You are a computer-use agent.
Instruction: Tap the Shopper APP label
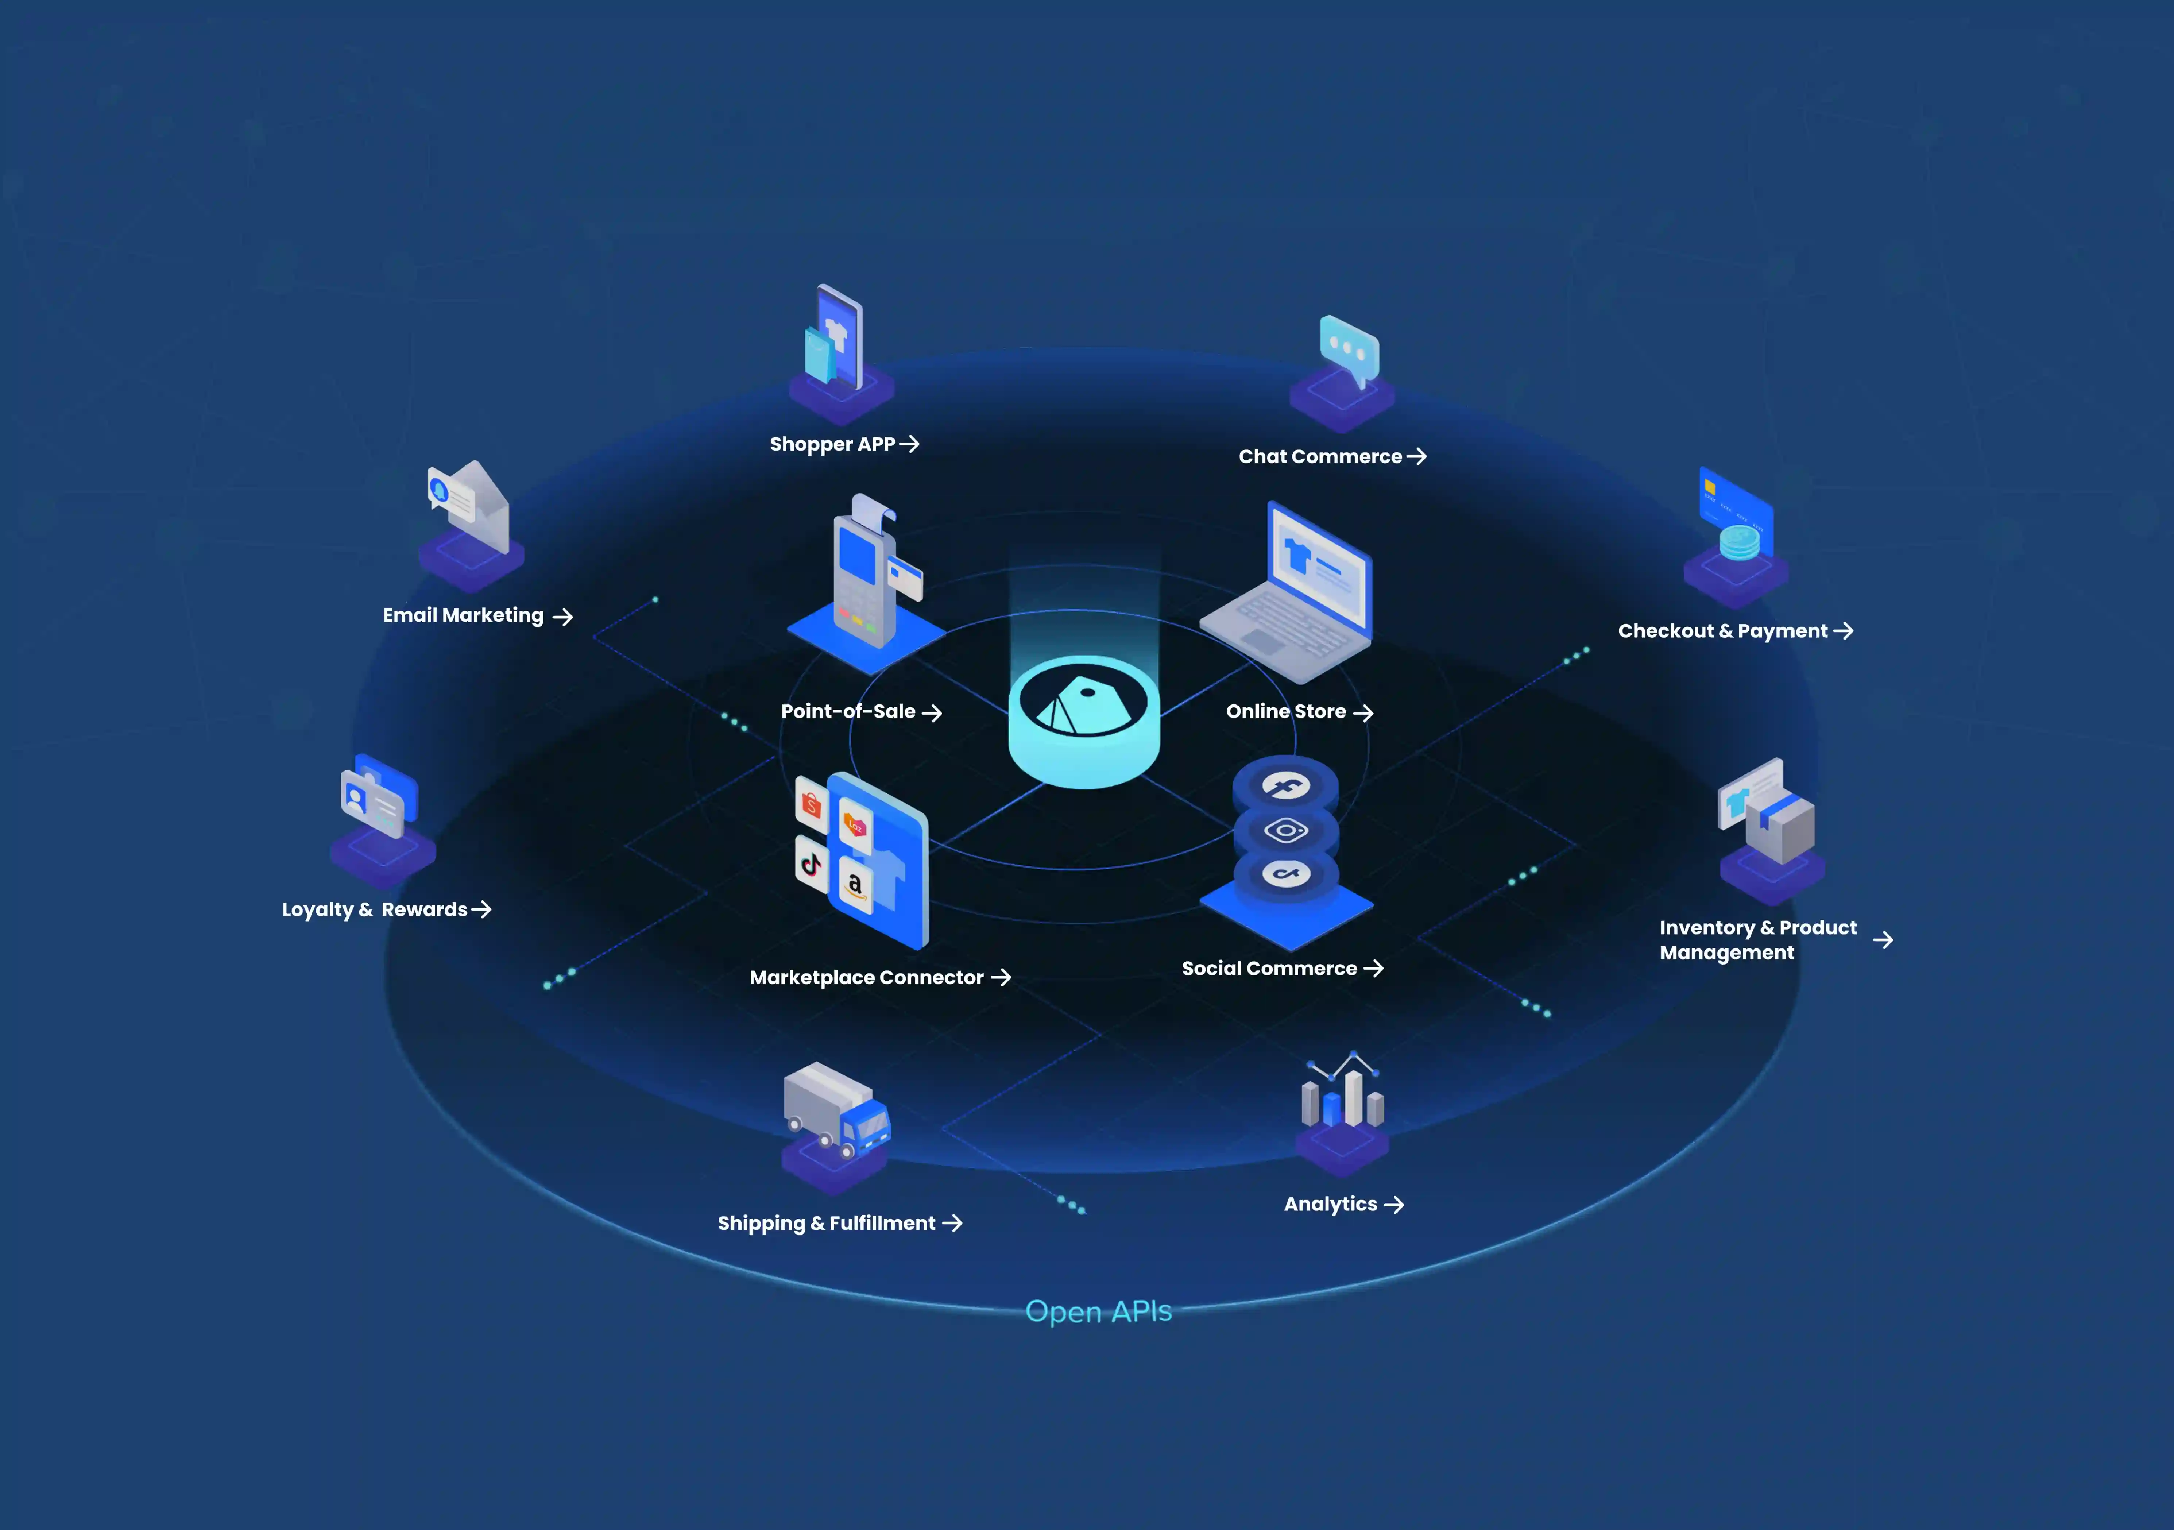click(832, 444)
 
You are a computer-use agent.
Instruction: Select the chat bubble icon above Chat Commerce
click(1349, 350)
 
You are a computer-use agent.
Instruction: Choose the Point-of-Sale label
click(848, 711)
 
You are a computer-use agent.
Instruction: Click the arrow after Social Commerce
click(1374, 967)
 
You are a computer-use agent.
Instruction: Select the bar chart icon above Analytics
click(1343, 1089)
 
